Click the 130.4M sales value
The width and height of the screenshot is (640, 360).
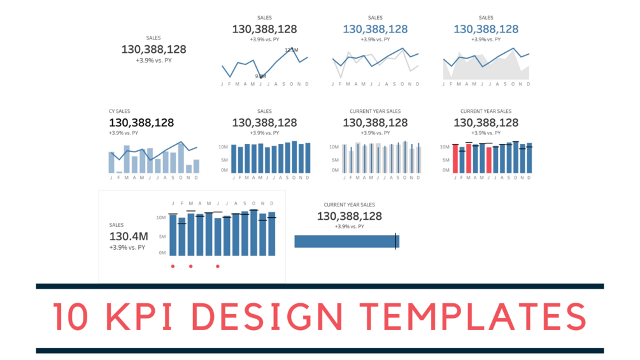coord(127,236)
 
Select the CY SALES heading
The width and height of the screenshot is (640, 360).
coord(119,112)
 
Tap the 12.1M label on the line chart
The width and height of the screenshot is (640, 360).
coord(291,50)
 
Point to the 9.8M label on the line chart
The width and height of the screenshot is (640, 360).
coord(260,76)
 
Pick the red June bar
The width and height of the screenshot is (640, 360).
coord(489,160)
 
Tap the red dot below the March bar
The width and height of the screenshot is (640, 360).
coord(190,266)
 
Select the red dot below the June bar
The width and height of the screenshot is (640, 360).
coord(218,266)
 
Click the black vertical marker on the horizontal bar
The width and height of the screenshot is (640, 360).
coord(396,241)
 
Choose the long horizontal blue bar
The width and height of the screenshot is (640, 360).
coord(345,241)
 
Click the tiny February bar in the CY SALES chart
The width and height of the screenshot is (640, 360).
coord(119,172)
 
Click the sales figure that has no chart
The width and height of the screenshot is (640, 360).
coord(153,49)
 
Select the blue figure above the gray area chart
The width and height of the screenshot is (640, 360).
coord(486,29)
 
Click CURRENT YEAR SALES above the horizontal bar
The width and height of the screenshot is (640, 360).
coord(350,205)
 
